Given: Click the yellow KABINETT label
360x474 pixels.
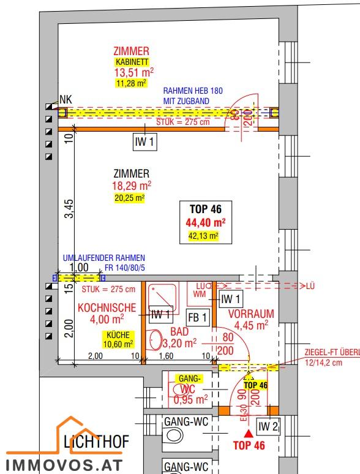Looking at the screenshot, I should pyautogui.click(x=131, y=62).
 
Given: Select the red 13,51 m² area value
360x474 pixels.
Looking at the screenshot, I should pyautogui.click(x=131, y=72).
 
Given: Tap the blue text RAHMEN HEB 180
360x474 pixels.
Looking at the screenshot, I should pyautogui.click(x=193, y=91).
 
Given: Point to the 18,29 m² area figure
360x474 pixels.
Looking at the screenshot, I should pyautogui.click(x=131, y=186).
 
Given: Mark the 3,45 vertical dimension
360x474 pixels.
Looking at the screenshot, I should pyautogui.click(x=70, y=208).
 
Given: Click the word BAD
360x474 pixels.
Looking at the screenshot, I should pyautogui.click(x=180, y=331).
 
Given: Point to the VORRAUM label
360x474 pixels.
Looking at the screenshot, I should pyautogui.click(x=250, y=314).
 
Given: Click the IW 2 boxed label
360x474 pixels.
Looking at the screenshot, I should pyautogui.click(x=267, y=426).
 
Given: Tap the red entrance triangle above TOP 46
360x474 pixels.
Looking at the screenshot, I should pyautogui.click(x=248, y=433).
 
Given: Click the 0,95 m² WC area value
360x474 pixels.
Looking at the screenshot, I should pyautogui.click(x=190, y=399).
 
